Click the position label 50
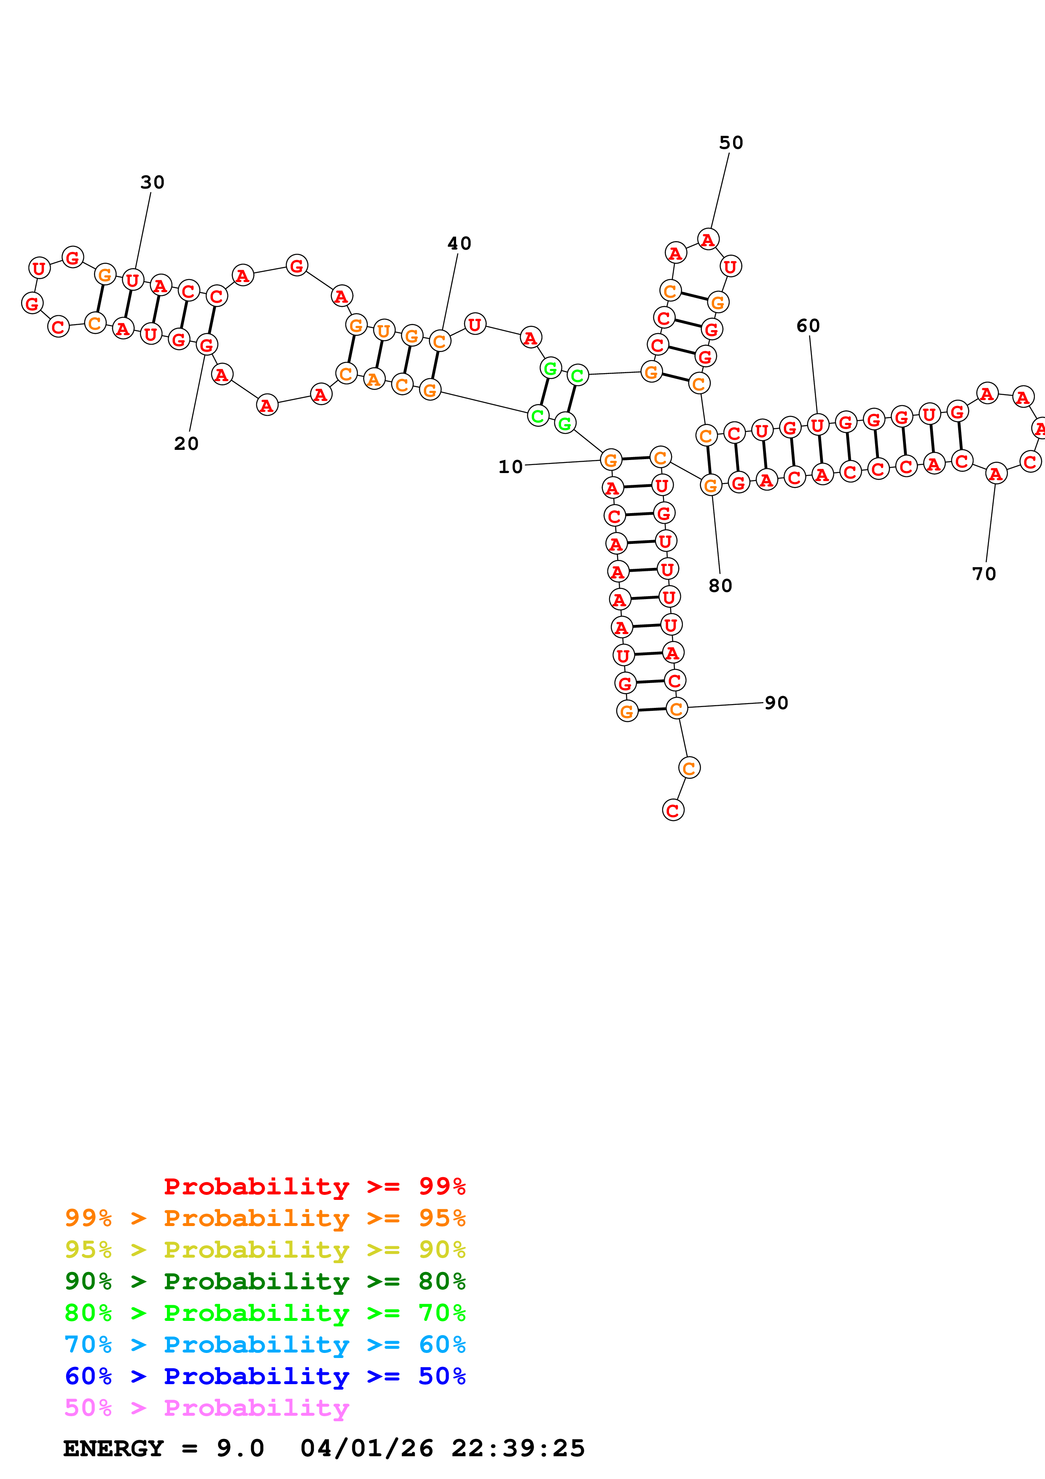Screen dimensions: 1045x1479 click(x=731, y=143)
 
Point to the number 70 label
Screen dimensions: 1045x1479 click(x=984, y=574)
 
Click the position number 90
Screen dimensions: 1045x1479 click(x=776, y=703)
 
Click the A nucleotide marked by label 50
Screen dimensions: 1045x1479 click(x=708, y=239)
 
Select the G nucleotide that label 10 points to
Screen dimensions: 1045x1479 click(x=610, y=460)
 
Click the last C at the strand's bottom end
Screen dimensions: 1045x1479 click(x=673, y=810)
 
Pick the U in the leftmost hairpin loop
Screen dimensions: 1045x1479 click(x=39, y=268)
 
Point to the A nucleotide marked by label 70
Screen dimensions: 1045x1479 click(x=995, y=473)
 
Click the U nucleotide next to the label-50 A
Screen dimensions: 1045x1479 click(x=730, y=266)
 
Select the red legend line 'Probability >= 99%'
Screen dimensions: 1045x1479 click(x=314, y=1186)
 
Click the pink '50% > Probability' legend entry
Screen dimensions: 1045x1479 click(x=207, y=1407)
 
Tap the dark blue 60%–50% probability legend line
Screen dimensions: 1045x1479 click(x=265, y=1376)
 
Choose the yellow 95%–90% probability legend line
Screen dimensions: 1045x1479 click(x=265, y=1250)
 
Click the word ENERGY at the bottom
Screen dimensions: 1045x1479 click(x=113, y=1448)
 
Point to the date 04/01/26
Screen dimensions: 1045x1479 click(x=366, y=1448)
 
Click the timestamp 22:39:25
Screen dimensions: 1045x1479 click(x=518, y=1448)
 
